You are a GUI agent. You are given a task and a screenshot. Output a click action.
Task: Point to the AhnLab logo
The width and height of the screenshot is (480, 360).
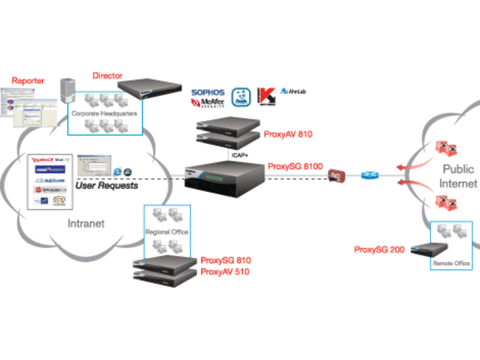(x=292, y=91)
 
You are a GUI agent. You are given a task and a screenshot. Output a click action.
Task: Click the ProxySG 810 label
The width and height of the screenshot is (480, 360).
(x=226, y=260)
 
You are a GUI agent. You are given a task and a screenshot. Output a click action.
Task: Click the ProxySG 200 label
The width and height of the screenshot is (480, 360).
(x=379, y=249)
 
